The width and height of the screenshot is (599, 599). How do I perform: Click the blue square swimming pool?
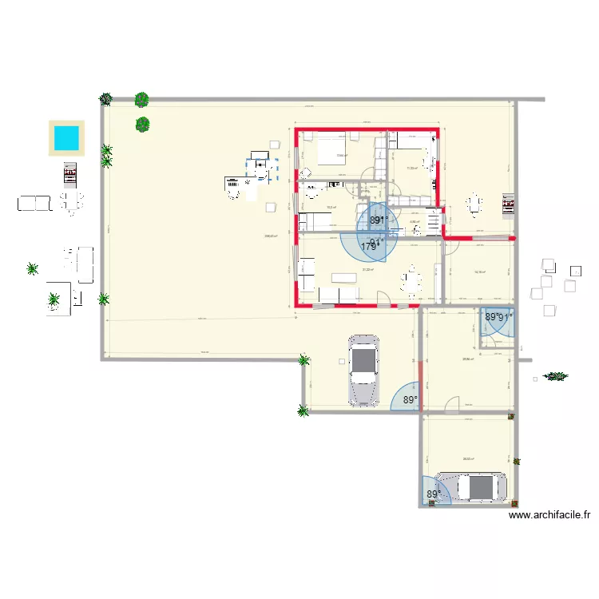(x=65, y=137)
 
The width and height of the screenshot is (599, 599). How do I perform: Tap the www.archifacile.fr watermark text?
(x=549, y=516)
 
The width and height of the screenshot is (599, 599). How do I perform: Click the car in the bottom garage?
(x=476, y=486)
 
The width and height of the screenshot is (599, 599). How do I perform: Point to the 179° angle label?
(x=368, y=247)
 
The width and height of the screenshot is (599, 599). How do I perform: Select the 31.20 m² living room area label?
(x=368, y=270)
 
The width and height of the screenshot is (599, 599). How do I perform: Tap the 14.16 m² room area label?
(x=480, y=272)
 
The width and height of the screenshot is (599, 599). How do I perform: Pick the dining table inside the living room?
(x=412, y=280)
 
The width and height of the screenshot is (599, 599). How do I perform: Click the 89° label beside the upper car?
(x=411, y=400)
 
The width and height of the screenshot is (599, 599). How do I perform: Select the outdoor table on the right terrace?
(x=475, y=204)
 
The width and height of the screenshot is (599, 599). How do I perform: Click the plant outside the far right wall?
(x=555, y=375)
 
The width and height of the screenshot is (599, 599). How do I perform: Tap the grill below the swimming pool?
(x=70, y=173)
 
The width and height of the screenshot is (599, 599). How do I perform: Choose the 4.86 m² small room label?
(x=414, y=223)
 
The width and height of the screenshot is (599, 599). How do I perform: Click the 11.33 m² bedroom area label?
(x=412, y=169)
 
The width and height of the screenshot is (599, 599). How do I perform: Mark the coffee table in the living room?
(x=343, y=277)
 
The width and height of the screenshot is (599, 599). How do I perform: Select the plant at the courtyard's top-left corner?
(x=105, y=99)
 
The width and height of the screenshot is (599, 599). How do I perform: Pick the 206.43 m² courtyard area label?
(x=272, y=236)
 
